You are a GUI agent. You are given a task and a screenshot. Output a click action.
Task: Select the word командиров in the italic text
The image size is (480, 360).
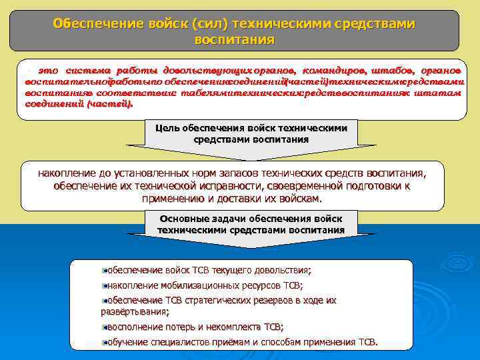click(333, 70)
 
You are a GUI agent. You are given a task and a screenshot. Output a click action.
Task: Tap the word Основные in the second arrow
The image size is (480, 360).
click(185, 218)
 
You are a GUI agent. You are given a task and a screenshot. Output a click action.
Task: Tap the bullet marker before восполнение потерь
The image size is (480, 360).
click(105, 327)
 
